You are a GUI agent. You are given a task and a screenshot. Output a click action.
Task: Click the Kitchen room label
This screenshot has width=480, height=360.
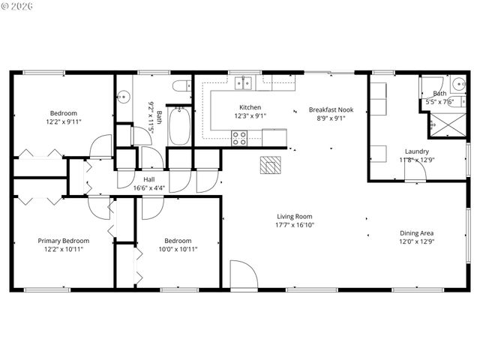click(x=250, y=107)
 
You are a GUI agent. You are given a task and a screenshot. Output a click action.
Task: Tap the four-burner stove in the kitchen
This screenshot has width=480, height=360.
click(x=239, y=137)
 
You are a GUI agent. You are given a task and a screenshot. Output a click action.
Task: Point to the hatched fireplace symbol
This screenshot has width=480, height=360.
click(x=269, y=165)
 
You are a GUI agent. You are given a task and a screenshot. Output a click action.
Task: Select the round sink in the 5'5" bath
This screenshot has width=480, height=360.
click(x=458, y=84)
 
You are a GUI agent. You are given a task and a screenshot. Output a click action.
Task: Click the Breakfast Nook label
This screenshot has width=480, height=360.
click(x=331, y=109)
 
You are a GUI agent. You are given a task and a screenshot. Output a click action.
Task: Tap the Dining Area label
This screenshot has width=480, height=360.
click(x=416, y=232)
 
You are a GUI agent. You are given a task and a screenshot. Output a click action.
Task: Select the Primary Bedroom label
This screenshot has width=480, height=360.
click(x=64, y=241)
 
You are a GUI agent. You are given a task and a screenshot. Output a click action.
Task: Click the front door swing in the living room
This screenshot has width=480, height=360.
click(x=243, y=274)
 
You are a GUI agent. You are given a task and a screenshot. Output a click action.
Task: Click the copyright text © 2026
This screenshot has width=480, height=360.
click(x=16, y=7)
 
